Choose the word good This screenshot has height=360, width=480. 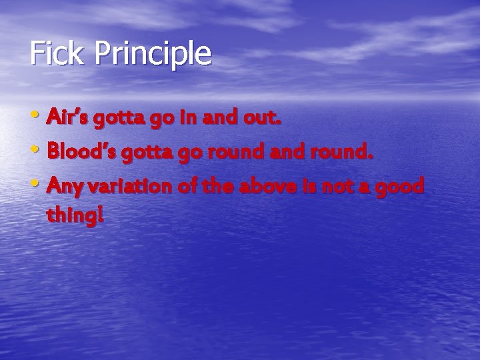click(x=400, y=188)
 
